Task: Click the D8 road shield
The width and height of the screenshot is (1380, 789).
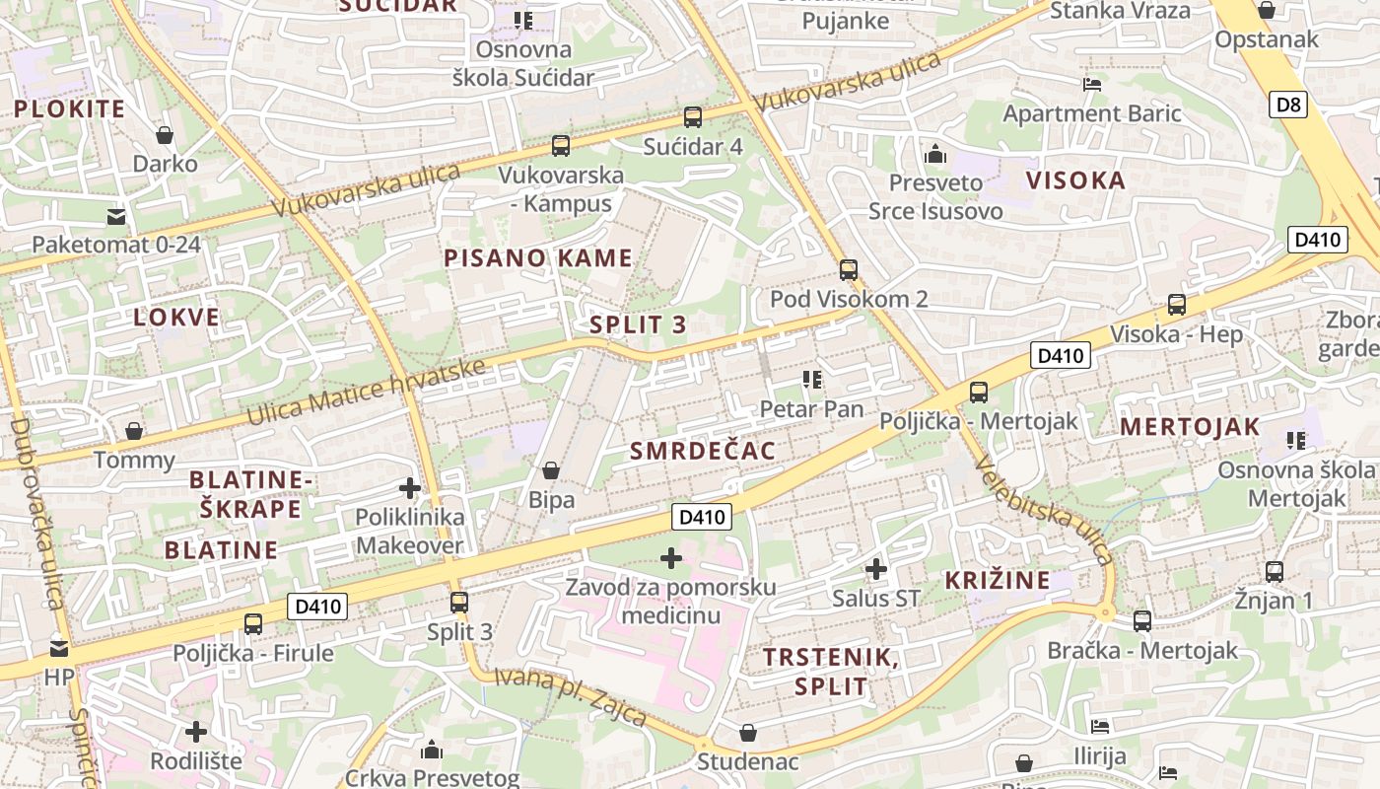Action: pyautogui.click(x=1289, y=105)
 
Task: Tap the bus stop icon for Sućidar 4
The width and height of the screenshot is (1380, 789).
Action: pyautogui.click(x=693, y=117)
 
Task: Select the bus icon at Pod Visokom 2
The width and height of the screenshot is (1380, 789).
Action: pyautogui.click(x=849, y=269)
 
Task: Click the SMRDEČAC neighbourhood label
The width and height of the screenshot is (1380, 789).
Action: pyautogui.click(x=702, y=451)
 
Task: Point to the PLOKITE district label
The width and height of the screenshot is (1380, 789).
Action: pyautogui.click(x=70, y=108)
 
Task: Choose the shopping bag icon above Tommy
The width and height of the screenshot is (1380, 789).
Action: pyautogui.click(x=134, y=431)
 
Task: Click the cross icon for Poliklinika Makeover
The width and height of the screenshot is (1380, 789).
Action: pyautogui.click(x=409, y=488)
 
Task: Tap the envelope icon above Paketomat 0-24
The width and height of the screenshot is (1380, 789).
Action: pyautogui.click(x=116, y=216)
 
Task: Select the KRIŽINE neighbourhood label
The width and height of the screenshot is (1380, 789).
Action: pyautogui.click(x=998, y=580)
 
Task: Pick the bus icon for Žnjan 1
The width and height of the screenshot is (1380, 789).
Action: pyautogui.click(x=1275, y=571)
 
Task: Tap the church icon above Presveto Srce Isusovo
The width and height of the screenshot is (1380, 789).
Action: pyautogui.click(x=934, y=154)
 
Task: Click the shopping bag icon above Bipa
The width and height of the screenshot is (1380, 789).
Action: pyautogui.click(x=551, y=470)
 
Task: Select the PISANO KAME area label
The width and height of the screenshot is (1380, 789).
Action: pyautogui.click(x=537, y=258)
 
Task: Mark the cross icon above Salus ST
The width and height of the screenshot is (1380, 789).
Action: pyautogui.click(x=875, y=569)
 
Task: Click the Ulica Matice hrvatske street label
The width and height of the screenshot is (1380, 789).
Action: pyautogui.click(x=367, y=392)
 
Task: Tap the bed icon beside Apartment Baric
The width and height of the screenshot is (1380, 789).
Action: pyautogui.click(x=1092, y=85)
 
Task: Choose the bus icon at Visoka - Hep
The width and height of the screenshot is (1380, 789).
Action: pyautogui.click(x=1177, y=305)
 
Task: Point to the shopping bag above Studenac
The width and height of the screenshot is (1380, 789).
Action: pyautogui.click(x=748, y=733)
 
